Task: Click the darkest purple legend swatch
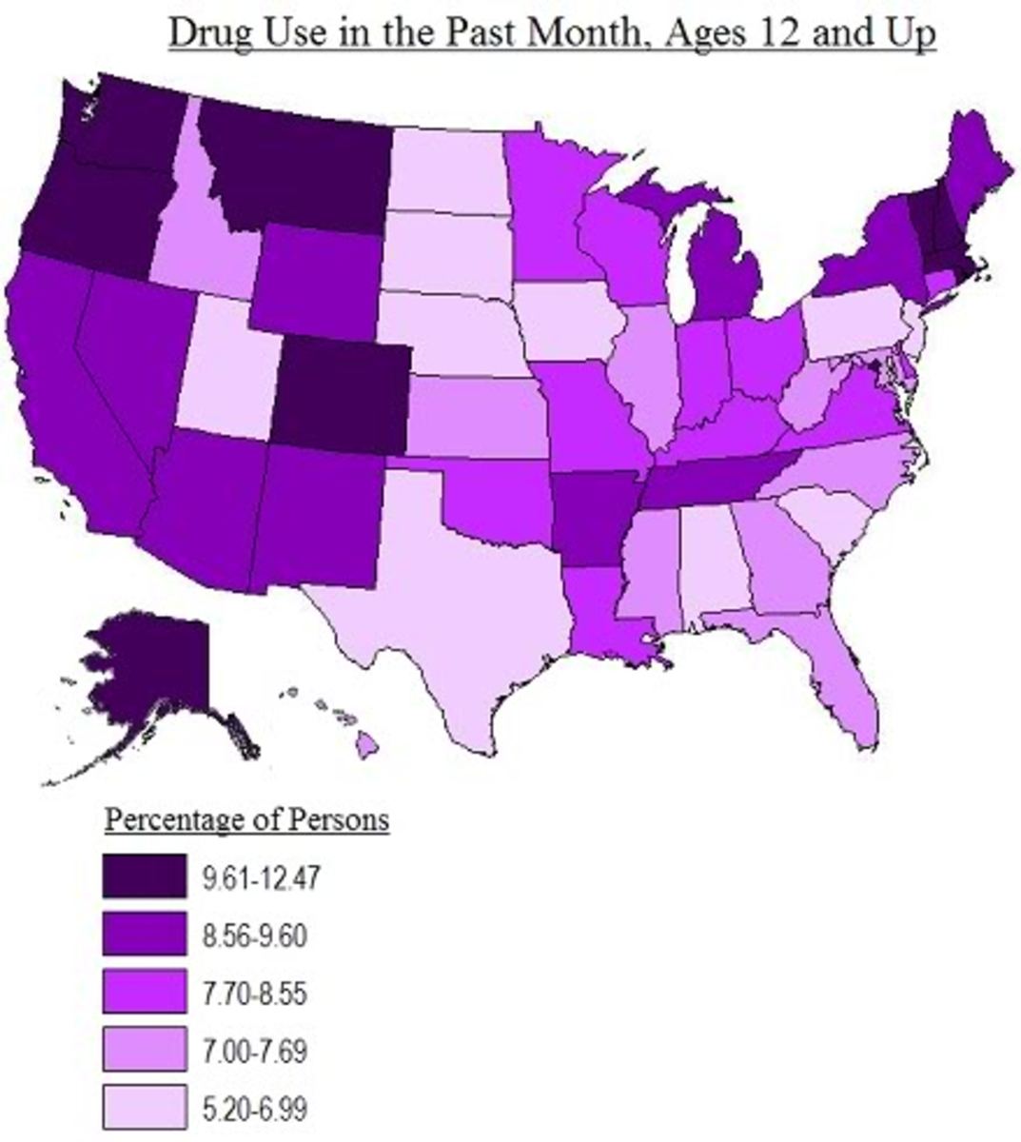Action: click(144, 876)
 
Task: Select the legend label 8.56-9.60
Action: click(254, 936)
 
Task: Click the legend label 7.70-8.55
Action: click(254, 994)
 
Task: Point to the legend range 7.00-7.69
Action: click(254, 1052)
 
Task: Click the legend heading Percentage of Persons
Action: click(246, 819)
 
